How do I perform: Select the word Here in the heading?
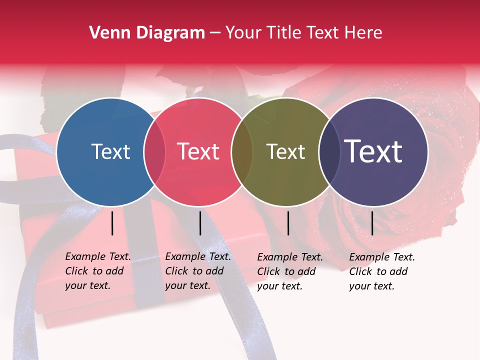[363, 33]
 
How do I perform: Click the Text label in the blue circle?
[110, 151]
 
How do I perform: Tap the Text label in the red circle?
[198, 151]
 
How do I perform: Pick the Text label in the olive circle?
[285, 151]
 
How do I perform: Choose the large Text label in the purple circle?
[373, 151]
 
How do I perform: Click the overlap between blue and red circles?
[154, 152]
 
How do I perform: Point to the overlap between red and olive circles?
[242, 152]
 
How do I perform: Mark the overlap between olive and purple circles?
[329, 152]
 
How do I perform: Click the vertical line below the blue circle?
[112, 223]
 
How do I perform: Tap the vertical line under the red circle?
[200, 223]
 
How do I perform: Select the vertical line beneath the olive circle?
[288, 223]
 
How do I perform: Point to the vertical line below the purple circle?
[372, 223]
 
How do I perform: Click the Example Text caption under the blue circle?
[98, 271]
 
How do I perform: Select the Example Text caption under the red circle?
[198, 271]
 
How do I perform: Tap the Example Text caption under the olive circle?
[290, 271]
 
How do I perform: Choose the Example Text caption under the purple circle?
[382, 271]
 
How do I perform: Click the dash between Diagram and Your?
[215, 33]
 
